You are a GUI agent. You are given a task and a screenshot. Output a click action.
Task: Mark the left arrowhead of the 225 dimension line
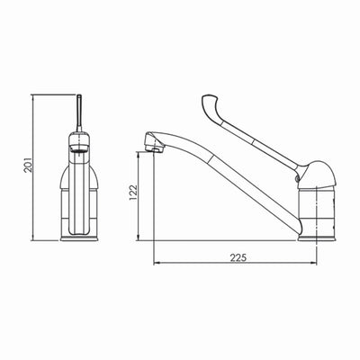pyautogui.click(x=157, y=264)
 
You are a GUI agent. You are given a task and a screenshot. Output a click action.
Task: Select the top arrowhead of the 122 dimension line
pyautogui.click(x=139, y=154)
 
